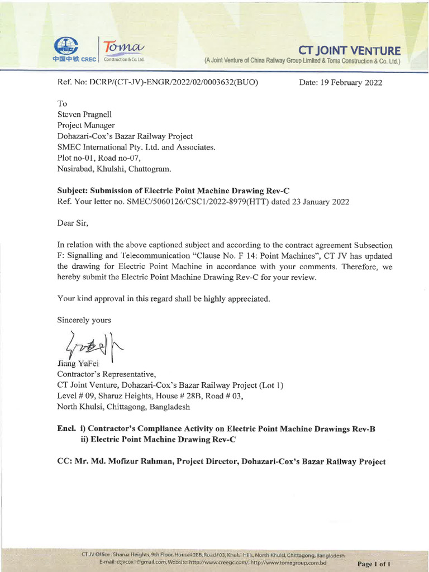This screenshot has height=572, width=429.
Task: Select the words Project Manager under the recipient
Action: pos(86,125)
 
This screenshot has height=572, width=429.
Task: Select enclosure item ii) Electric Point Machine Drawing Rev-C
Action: pos(159,440)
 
